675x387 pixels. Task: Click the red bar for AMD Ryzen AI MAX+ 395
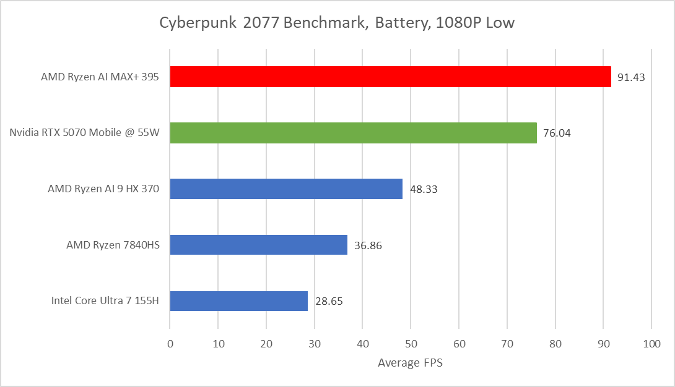coord(390,77)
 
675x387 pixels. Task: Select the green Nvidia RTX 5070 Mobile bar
coord(353,133)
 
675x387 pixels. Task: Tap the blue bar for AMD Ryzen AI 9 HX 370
coord(286,189)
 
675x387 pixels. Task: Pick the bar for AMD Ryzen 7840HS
coord(258,245)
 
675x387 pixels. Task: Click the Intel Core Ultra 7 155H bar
coord(238,301)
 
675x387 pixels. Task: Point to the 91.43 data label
coord(631,77)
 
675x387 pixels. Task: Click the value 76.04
coord(557,134)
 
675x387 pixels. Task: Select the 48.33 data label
coord(422,190)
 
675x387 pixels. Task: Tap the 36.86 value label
coord(368,245)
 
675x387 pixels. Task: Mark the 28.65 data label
coord(328,302)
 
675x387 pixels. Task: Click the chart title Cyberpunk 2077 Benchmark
coord(337,23)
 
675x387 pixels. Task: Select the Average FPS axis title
coord(410,363)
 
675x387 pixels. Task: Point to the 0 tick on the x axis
coord(170,343)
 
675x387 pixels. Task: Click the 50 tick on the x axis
coord(411,343)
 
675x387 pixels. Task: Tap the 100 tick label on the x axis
coord(651,343)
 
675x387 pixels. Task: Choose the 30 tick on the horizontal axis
coord(315,343)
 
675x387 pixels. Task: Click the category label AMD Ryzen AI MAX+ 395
coord(100,77)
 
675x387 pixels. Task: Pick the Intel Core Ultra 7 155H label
coord(105,302)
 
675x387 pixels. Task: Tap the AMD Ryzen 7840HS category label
coord(113,245)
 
